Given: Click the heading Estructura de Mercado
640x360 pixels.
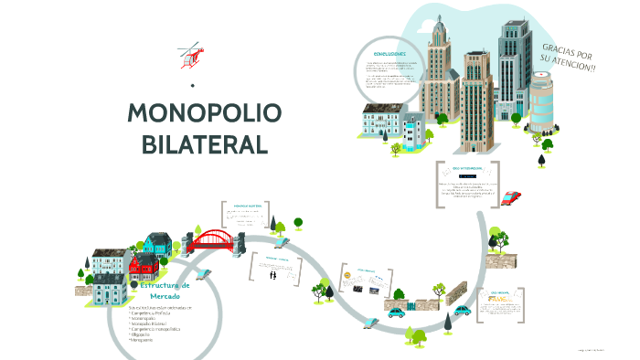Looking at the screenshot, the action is [165, 291].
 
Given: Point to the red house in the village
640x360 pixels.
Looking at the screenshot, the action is [144, 266].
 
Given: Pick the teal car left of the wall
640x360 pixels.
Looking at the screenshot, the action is [396, 312].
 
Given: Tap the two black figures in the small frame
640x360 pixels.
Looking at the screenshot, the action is [272, 274].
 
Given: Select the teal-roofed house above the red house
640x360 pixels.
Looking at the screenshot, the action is [157, 243].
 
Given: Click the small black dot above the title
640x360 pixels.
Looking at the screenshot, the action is [193, 86].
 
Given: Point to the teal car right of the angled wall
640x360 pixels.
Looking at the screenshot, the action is [464, 311].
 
